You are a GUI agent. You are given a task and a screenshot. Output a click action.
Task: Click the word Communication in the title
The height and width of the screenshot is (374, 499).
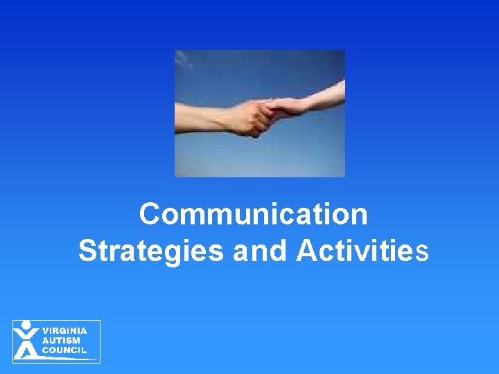coord(253,215)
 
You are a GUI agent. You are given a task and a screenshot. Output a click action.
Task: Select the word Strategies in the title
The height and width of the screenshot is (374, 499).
coord(150,251)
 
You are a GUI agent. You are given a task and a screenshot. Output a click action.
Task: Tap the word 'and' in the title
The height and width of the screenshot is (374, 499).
coord(259,251)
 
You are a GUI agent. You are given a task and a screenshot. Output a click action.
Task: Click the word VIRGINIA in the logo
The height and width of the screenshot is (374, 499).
coord(65,331)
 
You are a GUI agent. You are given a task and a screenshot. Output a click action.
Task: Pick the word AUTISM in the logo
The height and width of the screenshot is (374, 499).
coord(61,341)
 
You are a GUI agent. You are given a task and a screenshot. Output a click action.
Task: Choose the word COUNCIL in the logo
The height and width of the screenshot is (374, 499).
coord(64,350)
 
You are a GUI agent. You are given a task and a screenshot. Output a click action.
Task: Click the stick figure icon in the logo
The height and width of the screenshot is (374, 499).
coord(26,340)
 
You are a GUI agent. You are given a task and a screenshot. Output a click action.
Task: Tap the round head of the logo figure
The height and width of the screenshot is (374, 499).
coord(26,325)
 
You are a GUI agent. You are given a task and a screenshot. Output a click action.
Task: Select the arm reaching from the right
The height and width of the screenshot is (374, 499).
coord(319,97)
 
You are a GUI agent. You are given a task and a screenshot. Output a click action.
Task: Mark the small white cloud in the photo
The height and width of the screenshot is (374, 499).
coord(184,61)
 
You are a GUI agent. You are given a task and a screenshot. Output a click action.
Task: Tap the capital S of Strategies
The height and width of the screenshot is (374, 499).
coord(88,251)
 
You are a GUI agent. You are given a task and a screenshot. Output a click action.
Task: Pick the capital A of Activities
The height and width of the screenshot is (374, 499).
coord(306,251)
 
